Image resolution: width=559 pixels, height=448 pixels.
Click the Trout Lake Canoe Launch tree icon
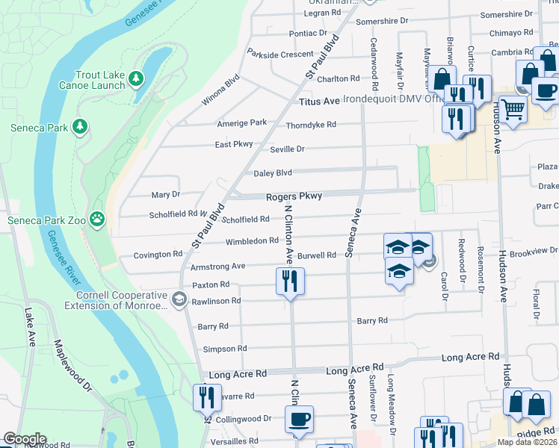[x=135, y=78]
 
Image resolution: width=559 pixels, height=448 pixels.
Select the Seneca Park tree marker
[x=81, y=127]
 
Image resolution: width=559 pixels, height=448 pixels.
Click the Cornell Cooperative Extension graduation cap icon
[x=179, y=299]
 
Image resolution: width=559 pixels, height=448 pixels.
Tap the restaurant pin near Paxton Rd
[x=289, y=281]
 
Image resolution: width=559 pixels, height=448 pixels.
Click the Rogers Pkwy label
[x=294, y=196]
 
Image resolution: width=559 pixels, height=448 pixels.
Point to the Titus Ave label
[x=319, y=101]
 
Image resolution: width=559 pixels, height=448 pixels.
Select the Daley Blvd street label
[x=273, y=173]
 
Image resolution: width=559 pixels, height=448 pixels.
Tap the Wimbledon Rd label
[x=252, y=241]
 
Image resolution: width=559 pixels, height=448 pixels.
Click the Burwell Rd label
[x=317, y=255]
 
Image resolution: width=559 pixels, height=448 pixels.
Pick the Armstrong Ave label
[x=217, y=266]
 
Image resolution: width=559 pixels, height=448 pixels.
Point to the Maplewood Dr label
[x=72, y=367]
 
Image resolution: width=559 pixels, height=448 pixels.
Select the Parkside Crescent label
[x=280, y=55]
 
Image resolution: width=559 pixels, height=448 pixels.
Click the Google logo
[x=24, y=439]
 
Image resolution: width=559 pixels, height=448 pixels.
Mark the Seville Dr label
[x=287, y=149]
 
